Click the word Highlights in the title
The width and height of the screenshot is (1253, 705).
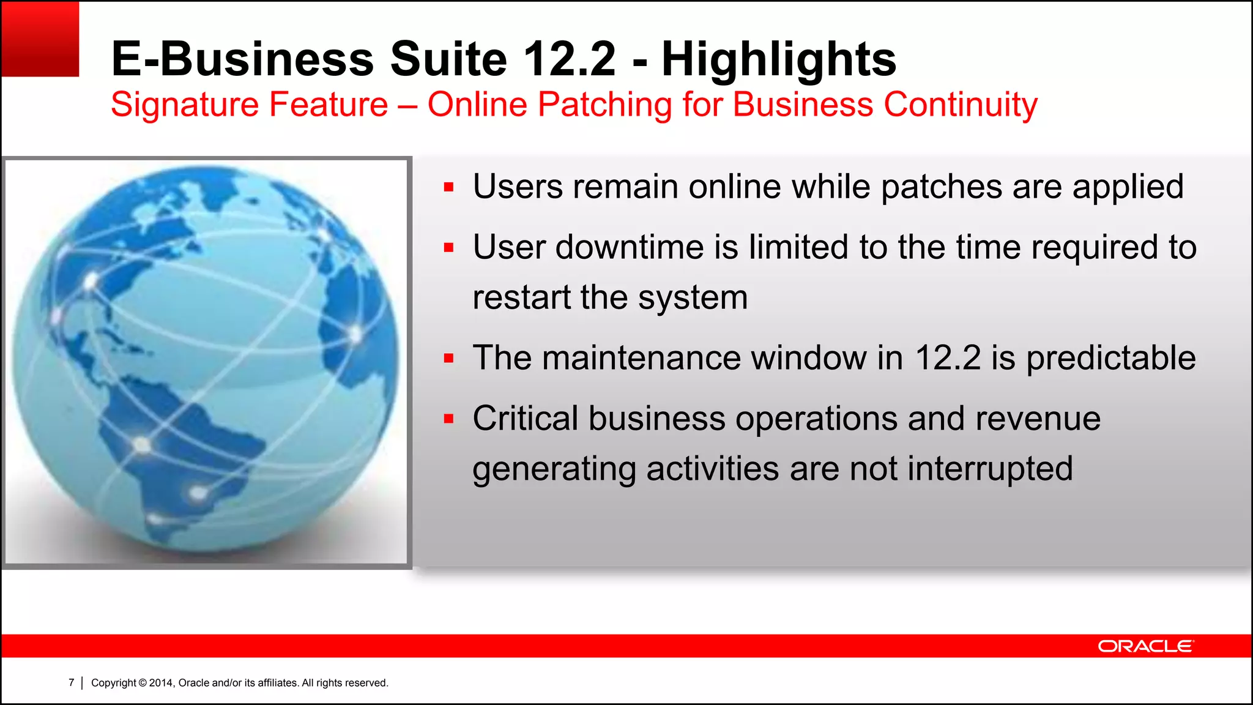778,59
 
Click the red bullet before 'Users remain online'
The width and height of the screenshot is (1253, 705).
449,187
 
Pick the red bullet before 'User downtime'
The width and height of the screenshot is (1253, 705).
449,248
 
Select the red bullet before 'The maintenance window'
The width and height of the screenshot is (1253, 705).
449,358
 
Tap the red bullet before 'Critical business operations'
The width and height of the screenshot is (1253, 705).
449,419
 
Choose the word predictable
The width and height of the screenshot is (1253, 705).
1110,358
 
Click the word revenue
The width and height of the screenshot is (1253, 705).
1038,419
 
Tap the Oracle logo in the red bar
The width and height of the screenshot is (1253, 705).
1145,646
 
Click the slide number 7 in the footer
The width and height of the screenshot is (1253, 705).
72,682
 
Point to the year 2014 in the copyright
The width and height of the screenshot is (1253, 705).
162,683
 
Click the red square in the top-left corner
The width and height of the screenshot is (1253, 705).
40,39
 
